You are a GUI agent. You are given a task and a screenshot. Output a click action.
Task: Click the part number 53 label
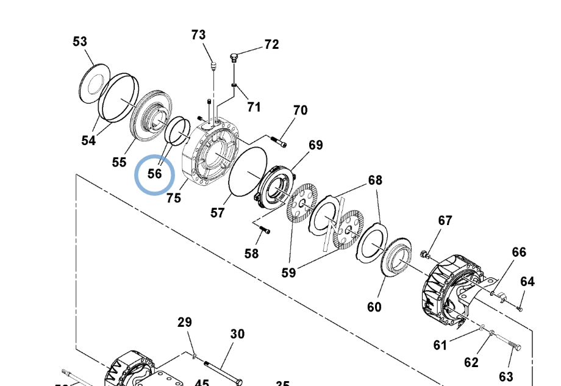(x=80, y=41)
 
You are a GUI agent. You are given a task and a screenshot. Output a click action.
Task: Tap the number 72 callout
(x=271, y=45)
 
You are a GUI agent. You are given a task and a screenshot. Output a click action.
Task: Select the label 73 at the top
(x=199, y=35)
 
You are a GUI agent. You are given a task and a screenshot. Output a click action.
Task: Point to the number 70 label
(x=300, y=110)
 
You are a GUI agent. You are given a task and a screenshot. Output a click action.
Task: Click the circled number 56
(x=155, y=173)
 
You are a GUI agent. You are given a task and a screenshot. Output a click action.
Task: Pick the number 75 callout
(x=174, y=198)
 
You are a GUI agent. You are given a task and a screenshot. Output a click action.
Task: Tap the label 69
(x=315, y=145)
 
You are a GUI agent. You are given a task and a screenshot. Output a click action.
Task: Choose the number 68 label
(x=375, y=180)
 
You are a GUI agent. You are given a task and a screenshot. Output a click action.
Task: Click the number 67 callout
(x=446, y=220)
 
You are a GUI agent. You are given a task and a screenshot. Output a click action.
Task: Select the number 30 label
(x=237, y=334)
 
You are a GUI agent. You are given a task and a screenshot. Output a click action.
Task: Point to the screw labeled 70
(x=280, y=143)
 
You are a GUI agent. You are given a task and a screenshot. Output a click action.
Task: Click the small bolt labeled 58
(x=264, y=231)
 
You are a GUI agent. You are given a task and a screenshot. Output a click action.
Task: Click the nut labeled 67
(x=423, y=252)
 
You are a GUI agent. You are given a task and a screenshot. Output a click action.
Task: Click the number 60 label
(x=374, y=306)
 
